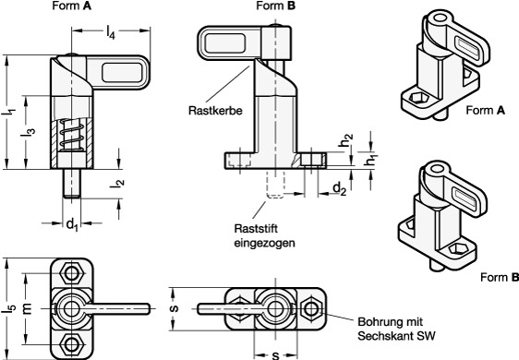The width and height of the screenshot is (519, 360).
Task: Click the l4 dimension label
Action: (111, 33)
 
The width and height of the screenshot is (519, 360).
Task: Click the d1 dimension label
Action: (72, 224)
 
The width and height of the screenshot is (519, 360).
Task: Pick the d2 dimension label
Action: (339, 189)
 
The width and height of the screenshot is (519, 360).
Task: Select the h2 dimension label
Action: (346, 140)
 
